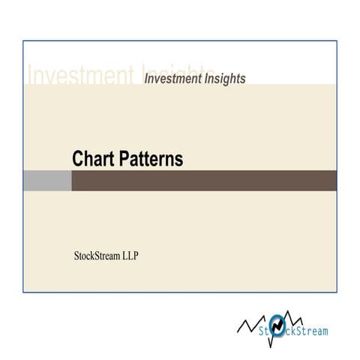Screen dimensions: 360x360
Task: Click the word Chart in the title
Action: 93,159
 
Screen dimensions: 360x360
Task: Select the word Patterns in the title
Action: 150,159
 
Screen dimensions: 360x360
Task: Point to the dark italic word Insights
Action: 222,77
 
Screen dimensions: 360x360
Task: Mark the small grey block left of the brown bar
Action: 47,181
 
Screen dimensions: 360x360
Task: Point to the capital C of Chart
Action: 78,159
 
